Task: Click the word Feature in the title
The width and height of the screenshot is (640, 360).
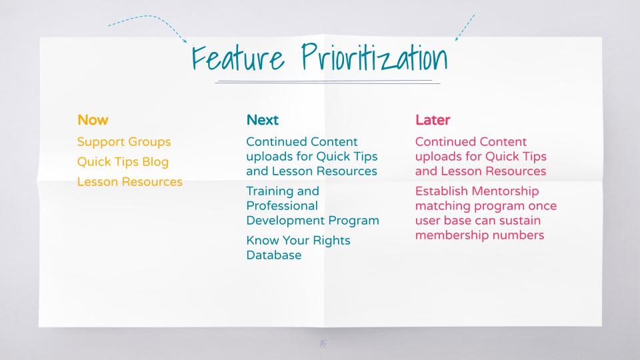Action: click(x=238, y=57)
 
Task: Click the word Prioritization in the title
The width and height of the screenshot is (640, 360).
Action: click(x=375, y=57)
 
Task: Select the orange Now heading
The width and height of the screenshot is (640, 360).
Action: click(x=93, y=120)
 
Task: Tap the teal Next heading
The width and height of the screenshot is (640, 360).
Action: click(x=263, y=120)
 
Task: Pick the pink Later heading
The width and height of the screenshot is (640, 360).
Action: click(x=433, y=120)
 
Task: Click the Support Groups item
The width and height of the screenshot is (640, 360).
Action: click(x=124, y=142)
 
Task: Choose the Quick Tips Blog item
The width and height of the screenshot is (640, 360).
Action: click(x=123, y=162)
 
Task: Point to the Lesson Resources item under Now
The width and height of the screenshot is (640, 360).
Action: click(x=130, y=181)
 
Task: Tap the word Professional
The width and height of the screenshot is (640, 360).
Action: click(x=282, y=206)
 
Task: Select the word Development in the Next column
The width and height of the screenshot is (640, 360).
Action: click(x=285, y=221)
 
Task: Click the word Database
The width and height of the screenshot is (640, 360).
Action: click(x=274, y=255)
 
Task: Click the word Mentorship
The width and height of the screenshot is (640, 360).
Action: click(x=505, y=191)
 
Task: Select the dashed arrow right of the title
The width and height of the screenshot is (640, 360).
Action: click(x=465, y=27)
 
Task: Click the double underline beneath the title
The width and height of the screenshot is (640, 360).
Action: click(x=328, y=82)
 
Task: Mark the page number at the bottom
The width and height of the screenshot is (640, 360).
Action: click(x=323, y=344)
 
